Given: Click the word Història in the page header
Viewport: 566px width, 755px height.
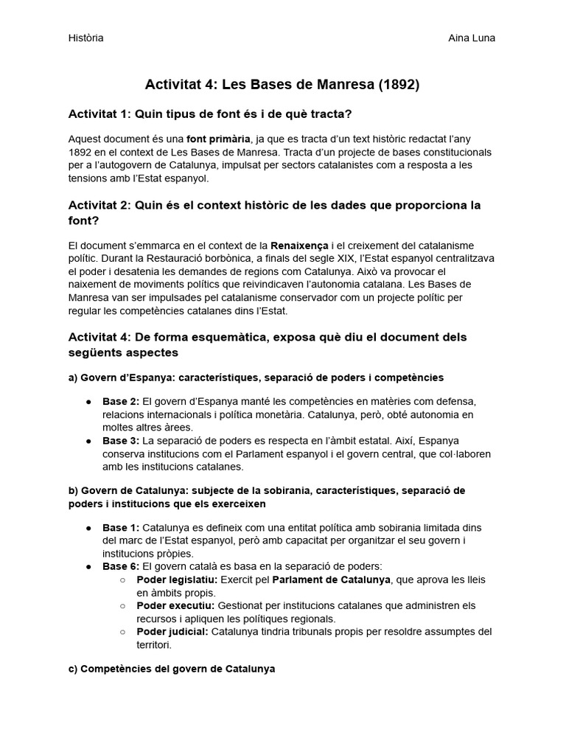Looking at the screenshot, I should pyautogui.click(x=85, y=38).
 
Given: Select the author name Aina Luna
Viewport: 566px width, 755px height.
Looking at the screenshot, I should pyautogui.click(x=472, y=38).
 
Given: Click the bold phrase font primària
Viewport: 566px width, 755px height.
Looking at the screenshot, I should pyautogui.click(x=217, y=138).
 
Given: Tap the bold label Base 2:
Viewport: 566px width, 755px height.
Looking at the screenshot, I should pyautogui.click(x=121, y=401).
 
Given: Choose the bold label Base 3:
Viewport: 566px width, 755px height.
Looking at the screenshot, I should pyautogui.click(x=121, y=441).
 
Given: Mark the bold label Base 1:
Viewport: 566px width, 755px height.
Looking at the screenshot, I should pyautogui.click(x=121, y=527).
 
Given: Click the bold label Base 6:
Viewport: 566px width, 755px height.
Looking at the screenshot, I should pyautogui.click(x=121, y=566).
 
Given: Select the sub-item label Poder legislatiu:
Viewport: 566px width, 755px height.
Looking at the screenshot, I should pyautogui.click(x=177, y=580).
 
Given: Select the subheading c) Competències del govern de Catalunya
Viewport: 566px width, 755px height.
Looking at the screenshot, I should pyautogui.click(x=172, y=669).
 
